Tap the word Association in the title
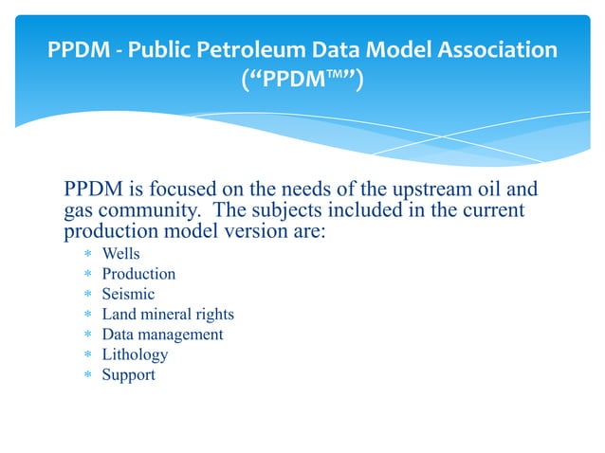pos(488,50)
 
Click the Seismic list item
pos(128,294)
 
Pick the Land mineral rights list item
pos(168,314)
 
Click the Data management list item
pos(162,335)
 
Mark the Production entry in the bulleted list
pos(138,274)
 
